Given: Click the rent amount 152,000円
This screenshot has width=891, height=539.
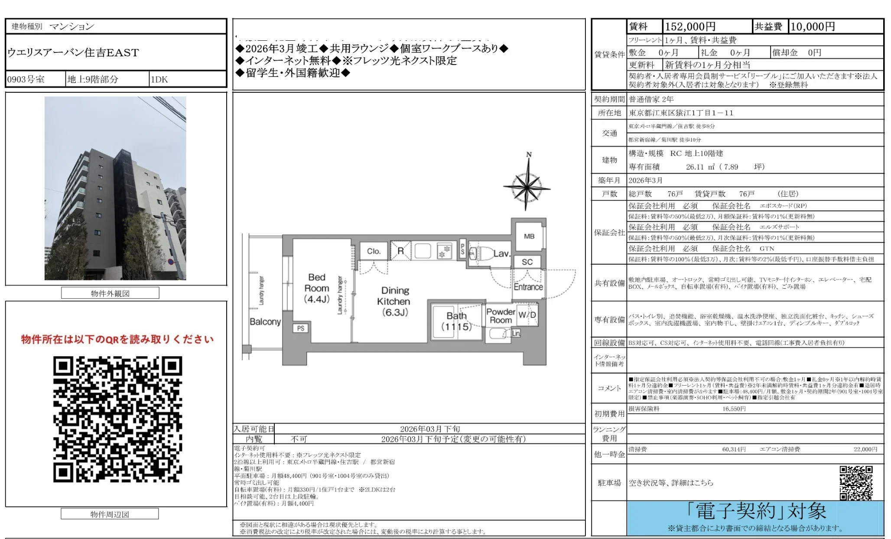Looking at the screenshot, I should click(x=690, y=27).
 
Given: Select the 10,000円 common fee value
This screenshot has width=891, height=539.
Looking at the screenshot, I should click(x=813, y=27).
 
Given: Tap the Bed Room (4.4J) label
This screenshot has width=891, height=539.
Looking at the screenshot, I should click(x=317, y=288).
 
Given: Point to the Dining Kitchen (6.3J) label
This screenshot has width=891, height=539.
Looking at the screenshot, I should click(x=395, y=301).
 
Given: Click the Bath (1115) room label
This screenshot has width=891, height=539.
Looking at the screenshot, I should click(x=456, y=321).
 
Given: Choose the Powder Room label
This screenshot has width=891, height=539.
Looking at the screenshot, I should click(x=501, y=316).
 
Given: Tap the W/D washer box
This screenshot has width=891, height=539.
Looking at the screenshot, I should click(x=527, y=315).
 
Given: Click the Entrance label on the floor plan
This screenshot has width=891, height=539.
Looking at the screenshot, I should click(x=528, y=287).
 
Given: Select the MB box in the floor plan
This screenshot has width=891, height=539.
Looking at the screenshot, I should click(x=529, y=237).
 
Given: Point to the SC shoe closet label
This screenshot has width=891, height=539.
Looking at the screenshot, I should click(x=527, y=262).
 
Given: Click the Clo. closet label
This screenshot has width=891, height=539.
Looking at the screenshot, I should click(x=374, y=251).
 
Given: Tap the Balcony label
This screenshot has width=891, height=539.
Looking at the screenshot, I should click(x=265, y=322).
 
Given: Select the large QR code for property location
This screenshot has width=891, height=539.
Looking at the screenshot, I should click(x=117, y=419).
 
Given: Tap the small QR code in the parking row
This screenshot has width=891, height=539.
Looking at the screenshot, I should click(x=856, y=483).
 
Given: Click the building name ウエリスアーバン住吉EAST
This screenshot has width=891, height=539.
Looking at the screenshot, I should click(x=73, y=53).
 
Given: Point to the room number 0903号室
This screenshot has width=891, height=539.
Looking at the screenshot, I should click(x=26, y=80).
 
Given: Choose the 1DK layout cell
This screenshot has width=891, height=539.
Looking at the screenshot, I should click(x=159, y=80).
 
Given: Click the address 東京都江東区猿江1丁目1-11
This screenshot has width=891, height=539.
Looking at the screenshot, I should click(x=681, y=113).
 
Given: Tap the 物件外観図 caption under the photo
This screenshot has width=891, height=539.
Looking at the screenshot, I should click(x=110, y=293).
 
